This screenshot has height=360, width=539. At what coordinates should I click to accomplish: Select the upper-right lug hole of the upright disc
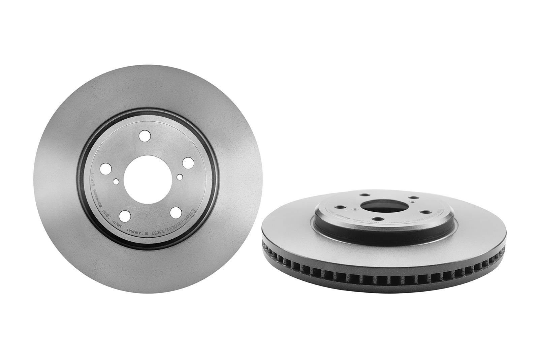[x=187, y=163]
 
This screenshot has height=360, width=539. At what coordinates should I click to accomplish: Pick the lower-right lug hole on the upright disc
[x=175, y=213]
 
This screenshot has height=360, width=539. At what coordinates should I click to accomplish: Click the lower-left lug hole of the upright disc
[x=125, y=215]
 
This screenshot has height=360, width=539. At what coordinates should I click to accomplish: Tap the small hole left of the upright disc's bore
[x=116, y=182]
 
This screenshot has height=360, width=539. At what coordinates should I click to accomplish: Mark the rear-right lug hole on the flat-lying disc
[x=413, y=198]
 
